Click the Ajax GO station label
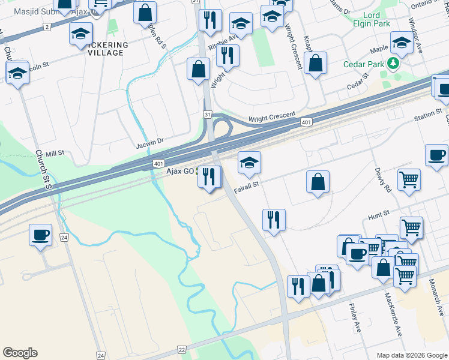pyautogui.click(x=180, y=171)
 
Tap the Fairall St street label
pyautogui.click(x=247, y=185)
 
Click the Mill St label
pyautogui.click(x=54, y=154)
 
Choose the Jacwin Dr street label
pyautogui.click(x=149, y=142)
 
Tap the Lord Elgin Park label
pyautogui.click(x=377, y=19)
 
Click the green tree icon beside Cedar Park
pyautogui.click(x=393, y=63)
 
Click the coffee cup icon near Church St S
pyautogui.click(x=40, y=234)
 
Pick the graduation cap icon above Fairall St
pyautogui.click(x=249, y=161)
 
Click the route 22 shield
pyautogui.click(x=182, y=349)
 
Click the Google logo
pyautogui.click(x=20, y=353)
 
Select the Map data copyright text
pyautogui.click(x=411, y=355)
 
